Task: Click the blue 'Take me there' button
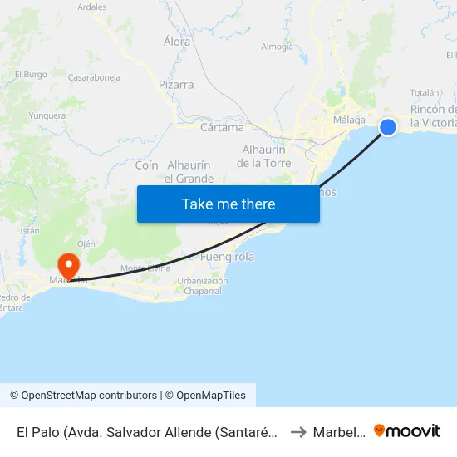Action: pyautogui.click(x=228, y=204)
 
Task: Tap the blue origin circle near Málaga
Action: pyautogui.click(x=388, y=126)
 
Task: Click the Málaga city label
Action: pyautogui.click(x=349, y=120)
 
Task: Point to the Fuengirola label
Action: pyautogui.click(x=228, y=258)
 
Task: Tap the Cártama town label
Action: pyautogui.click(x=223, y=128)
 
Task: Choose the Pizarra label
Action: pyautogui.click(x=176, y=85)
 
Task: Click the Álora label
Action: pyautogui.click(x=177, y=42)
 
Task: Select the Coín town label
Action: pyautogui.click(x=146, y=165)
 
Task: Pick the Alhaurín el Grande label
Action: pyautogui.click(x=189, y=172)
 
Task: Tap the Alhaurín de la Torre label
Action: pyautogui.click(x=263, y=156)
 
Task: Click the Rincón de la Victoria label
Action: pyautogui.click(x=433, y=116)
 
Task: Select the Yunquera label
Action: pyautogui.click(x=47, y=116)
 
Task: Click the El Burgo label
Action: pyautogui.click(x=31, y=75)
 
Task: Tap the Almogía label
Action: pyautogui.click(x=277, y=47)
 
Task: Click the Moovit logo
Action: pyautogui.click(x=407, y=431)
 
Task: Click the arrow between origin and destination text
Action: pyautogui.click(x=301, y=432)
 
